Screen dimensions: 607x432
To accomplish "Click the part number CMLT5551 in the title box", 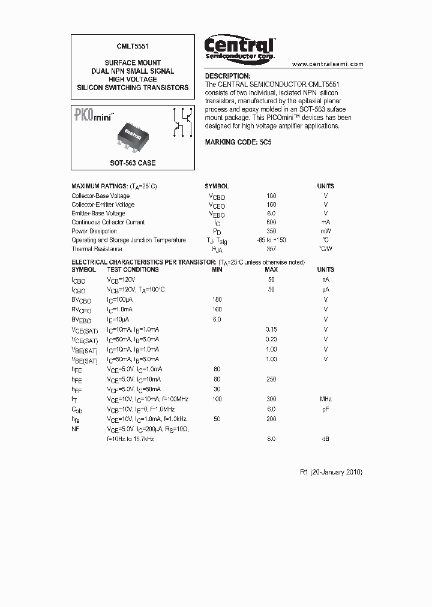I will click(x=133, y=46).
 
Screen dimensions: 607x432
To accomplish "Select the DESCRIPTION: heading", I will click(x=227, y=77).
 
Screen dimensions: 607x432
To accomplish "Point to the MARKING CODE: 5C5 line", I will click(x=238, y=142).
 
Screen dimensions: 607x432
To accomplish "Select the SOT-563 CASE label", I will click(x=133, y=163).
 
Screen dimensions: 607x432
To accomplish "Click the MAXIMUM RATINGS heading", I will click(x=99, y=187).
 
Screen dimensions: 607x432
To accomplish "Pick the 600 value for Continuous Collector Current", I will click(x=271, y=222).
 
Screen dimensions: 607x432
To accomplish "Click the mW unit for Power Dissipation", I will click(x=325, y=231).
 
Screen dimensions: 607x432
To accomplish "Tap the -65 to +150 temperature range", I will click(x=271, y=240).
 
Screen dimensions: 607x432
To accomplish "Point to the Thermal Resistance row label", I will click(x=97, y=248).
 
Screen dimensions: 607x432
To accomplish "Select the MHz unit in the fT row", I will click(x=325, y=399).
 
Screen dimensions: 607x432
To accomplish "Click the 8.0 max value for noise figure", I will click(x=271, y=439).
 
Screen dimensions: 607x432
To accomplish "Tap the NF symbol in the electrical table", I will click(x=76, y=429).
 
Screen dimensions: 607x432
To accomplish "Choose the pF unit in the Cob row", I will click(x=325, y=409).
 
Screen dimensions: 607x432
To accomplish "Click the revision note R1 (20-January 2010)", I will click(x=331, y=472).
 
